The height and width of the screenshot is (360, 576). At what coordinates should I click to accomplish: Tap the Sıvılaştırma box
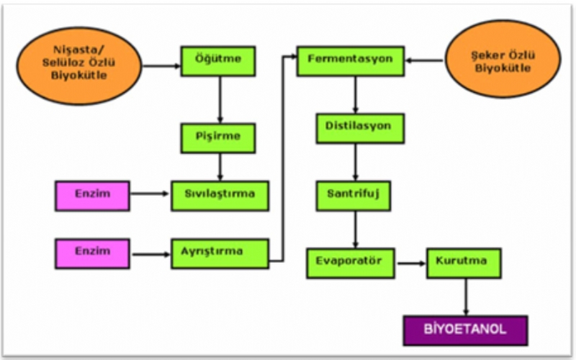(x=220, y=195)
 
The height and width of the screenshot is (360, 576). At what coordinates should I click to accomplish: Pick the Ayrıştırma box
(x=220, y=253)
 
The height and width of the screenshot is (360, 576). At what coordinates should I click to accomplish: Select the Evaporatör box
(x=350, y=263)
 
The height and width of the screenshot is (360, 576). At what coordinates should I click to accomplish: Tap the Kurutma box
(x=464, y=263)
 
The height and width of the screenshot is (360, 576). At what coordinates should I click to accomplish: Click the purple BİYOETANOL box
(x=465, y=330)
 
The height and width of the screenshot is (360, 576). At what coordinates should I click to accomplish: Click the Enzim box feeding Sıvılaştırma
(x=92, y=195)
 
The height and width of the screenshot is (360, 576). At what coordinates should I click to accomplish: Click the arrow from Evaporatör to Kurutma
(x=410, y=264)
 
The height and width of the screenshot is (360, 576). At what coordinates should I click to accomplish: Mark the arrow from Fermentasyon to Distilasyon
(x=356, y=94)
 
